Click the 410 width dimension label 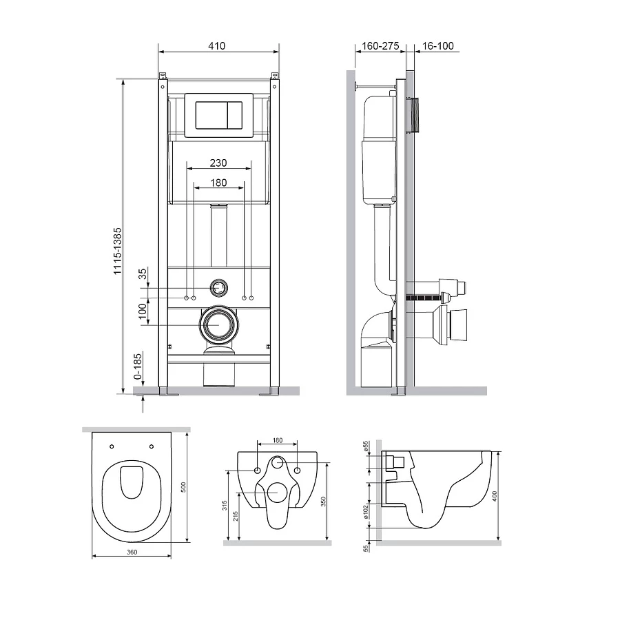coord(217,46)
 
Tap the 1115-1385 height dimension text coord(117,251)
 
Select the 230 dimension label coord(218,163)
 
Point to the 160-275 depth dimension coord(380,46)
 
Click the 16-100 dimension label coord(437,46)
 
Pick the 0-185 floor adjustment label coord(137,366)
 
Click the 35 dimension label coord(143,273)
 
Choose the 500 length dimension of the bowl coord(183,487)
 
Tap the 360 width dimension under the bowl coord(132,552)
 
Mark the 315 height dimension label coord(225,506)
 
